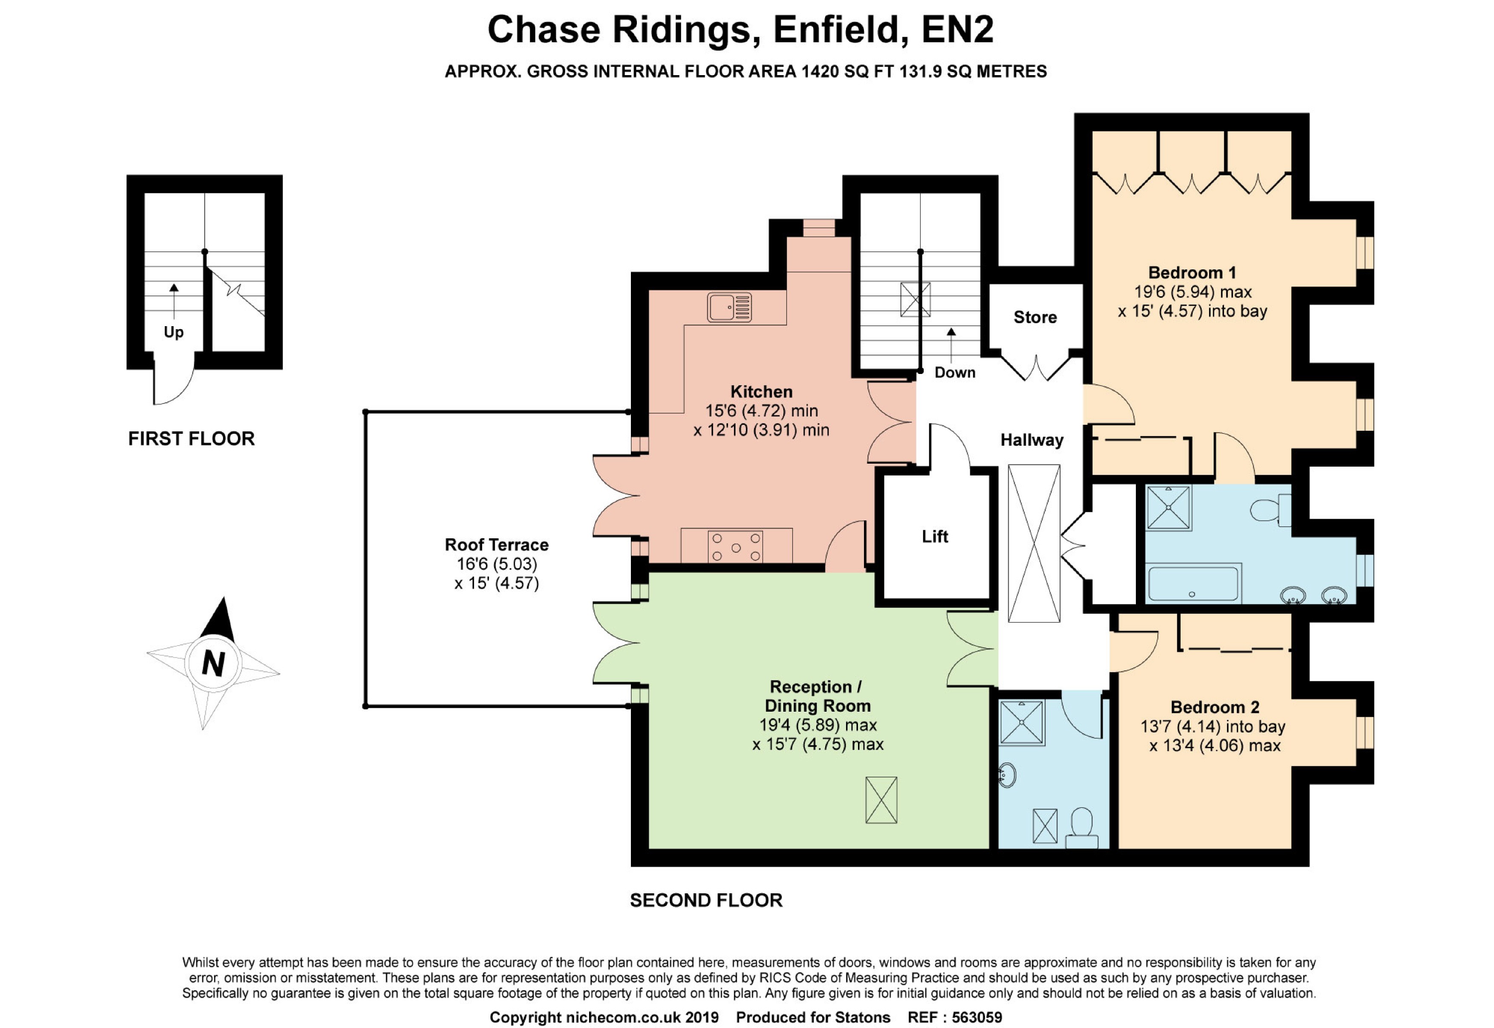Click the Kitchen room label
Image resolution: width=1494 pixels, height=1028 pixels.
point(761,391)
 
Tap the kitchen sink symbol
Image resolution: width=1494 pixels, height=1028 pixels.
point(729,307)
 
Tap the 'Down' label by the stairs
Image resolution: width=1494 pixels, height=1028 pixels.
point(954,372)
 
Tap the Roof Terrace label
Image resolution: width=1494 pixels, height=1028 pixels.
point(496,544)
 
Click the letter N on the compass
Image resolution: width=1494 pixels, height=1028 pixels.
point(213,663)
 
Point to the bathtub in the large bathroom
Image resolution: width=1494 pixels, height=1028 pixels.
point(1193,583)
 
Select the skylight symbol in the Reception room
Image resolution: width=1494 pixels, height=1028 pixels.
point(881,800)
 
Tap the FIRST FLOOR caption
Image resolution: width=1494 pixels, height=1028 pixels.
point(191,438)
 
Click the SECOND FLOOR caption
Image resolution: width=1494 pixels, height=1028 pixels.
point(706,900)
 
